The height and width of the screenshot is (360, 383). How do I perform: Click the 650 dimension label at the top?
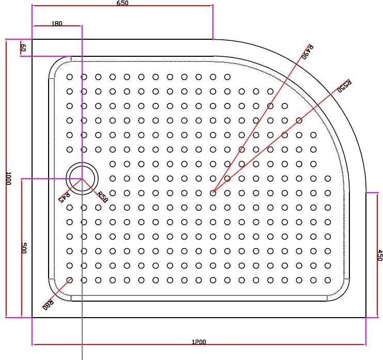click(x=122, y=3)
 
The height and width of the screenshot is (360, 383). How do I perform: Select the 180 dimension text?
click(x=57, y=23)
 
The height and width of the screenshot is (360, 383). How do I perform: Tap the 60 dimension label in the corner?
click(x=23, y=49)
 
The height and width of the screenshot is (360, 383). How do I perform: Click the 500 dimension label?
click(x=23, y=248)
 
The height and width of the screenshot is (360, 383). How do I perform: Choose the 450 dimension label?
click(x=379, y=255)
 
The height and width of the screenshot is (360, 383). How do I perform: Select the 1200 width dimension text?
click(x=198, y=341)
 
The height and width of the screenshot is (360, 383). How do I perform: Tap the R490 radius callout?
click(x=308, y=52)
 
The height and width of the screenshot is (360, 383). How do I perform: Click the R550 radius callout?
click(x=344, y=86)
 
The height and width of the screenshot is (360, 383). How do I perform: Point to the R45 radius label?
click(x=64, y=197)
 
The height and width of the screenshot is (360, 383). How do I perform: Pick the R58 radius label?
click(x=102, y=197)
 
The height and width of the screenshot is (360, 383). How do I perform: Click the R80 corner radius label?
click(x=48, y=304)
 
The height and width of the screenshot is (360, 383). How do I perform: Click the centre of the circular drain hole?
click(x=82, y=178)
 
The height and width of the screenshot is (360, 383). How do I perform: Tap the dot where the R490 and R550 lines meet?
click(x=213, y=193)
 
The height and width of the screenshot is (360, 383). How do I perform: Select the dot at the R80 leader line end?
click(x=70, y=279)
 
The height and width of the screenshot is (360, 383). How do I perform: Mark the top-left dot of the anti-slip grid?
click(x=69, y=77)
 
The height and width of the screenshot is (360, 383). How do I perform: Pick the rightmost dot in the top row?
click(x=227, y=77)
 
